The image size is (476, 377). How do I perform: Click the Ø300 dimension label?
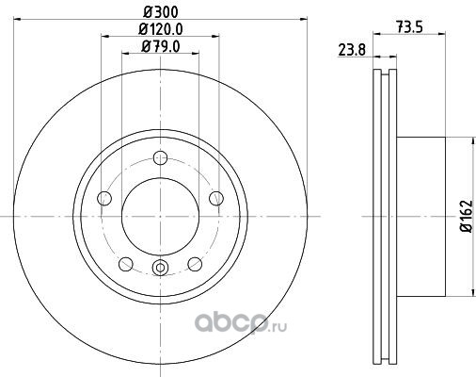point(161,12)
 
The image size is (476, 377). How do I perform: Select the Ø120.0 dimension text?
point(161,29)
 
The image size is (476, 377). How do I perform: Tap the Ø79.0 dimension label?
point(161,47)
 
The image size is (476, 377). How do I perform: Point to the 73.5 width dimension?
point(410,27)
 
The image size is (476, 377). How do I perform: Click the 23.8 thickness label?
point(352,50)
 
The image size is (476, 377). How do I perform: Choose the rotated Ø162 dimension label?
point(467,216)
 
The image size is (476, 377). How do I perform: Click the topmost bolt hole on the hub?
point(160,157)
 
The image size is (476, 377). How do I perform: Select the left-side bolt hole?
point(104,198)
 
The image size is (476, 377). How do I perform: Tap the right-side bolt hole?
point(216,198)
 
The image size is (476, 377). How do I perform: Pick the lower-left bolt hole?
point(126,264)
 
